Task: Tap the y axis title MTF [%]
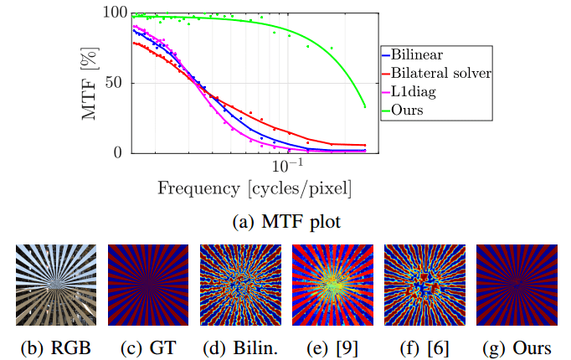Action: point(94,83)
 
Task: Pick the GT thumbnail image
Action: point(141,284)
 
